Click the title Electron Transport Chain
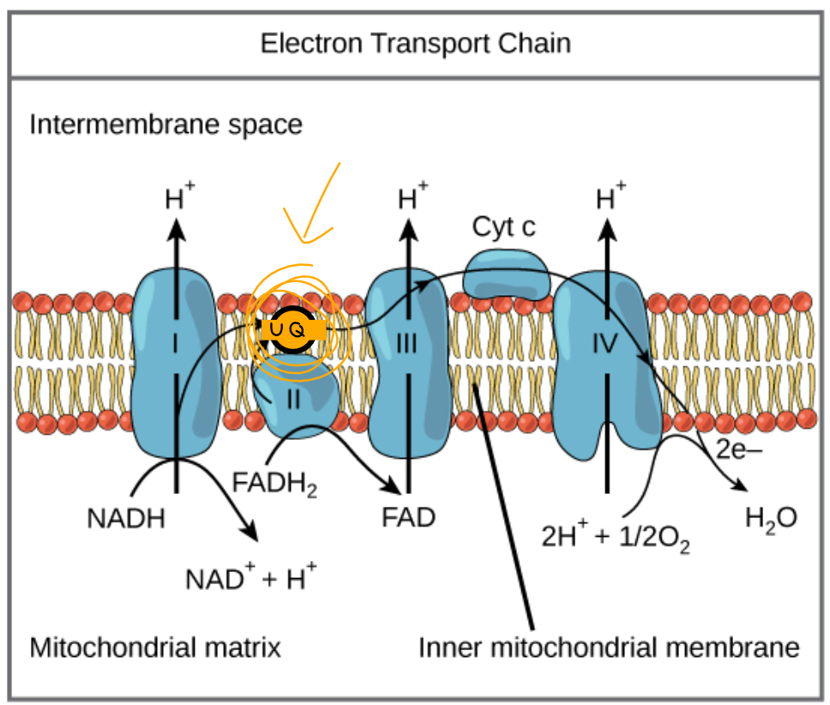pyautogui.click(x=415, y=43)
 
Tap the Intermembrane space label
pyautogui.click(x=166, y=125)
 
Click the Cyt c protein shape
pyautogui.click(x=506, y=272)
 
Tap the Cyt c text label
pyautogui.click(x=505, y=226)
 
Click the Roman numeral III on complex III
pyautogui.click(x=406, y=345)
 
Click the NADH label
pyautogui.click(x=125, y=519)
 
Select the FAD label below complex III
pyautogui.click(x=409, y=518)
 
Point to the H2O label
pyautogui.click(x=769, y=518)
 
